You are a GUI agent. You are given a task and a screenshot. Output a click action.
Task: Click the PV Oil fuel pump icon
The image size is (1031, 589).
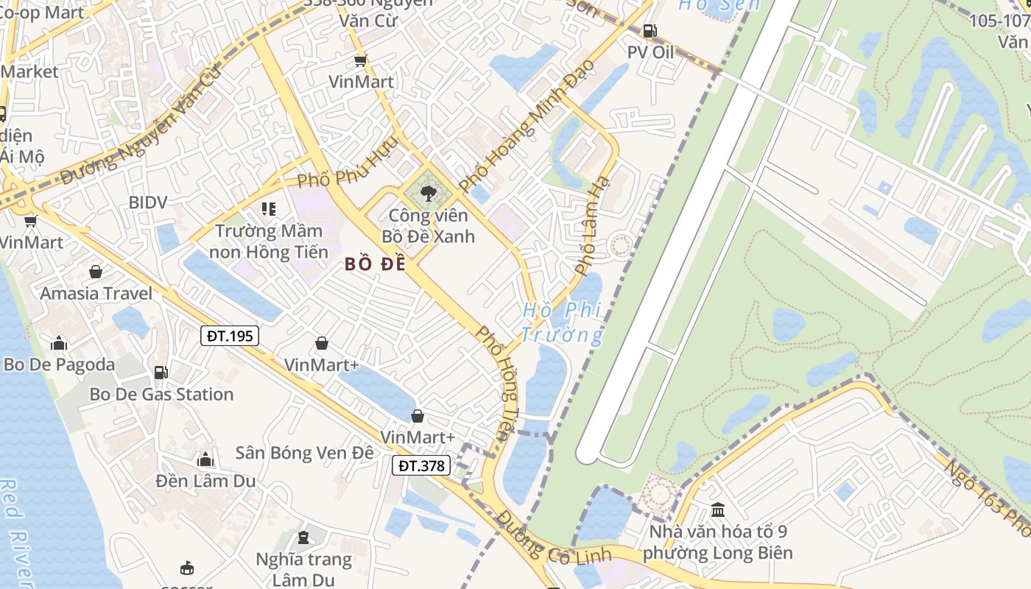650,31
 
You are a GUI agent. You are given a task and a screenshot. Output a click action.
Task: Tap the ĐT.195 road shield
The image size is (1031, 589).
230,336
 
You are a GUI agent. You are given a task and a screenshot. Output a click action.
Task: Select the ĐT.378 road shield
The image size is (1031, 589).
421,465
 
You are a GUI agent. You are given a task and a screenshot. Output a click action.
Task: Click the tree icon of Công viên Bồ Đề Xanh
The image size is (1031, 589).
427,194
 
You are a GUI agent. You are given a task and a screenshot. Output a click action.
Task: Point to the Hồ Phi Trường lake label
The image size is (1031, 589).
561,322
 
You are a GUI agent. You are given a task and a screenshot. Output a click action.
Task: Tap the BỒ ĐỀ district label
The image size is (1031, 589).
376,264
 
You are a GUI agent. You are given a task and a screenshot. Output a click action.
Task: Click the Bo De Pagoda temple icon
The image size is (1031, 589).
59,343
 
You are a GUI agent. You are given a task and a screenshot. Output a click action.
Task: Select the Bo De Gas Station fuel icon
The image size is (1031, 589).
161,373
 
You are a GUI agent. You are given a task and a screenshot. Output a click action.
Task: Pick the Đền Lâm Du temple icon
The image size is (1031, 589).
205,460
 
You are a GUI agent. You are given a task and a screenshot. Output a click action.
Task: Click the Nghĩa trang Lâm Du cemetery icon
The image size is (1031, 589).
303,537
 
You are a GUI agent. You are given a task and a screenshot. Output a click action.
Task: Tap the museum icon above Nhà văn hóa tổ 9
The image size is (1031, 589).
718,509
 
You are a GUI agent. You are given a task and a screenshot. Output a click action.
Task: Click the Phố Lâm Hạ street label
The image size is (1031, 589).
593,225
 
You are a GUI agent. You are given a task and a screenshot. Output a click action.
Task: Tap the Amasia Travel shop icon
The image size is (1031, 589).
95,272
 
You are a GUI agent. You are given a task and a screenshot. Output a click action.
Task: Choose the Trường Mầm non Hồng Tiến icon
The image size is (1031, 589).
269,209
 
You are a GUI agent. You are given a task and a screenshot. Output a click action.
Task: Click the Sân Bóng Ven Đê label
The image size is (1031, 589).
304,452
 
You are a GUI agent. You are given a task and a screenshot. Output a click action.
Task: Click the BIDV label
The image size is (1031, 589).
148,202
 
